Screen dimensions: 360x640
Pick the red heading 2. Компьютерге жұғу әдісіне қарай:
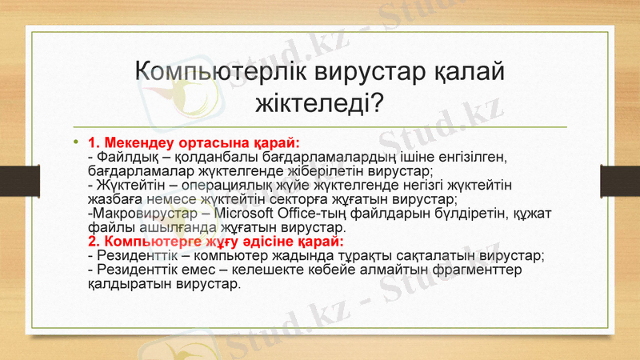(216, 241)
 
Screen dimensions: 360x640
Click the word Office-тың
(314, 214)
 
